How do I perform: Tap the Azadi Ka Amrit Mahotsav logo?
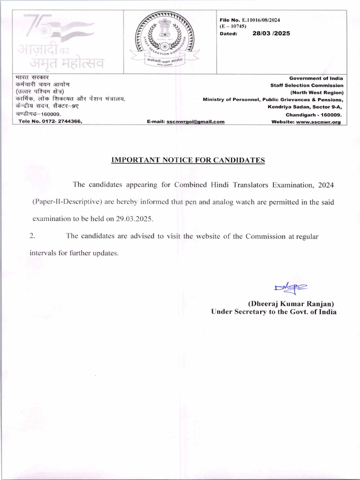coord(58,41)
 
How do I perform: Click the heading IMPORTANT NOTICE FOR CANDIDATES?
coord(188,160)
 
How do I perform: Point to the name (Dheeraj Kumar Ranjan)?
coord(291,303)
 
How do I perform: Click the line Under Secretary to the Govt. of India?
coord(274,312)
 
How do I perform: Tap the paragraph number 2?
coord(32,236)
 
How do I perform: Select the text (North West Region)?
coord(317,92)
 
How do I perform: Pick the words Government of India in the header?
coord(316,78)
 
